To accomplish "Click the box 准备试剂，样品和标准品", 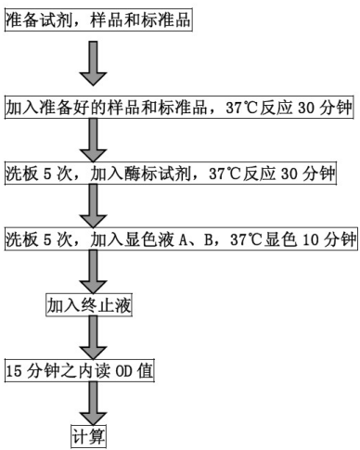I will [x=96, y=20].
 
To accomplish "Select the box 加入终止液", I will [x=84, y=303].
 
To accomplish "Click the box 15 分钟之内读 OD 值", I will [x=80, y=370].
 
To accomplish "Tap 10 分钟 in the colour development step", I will [x=328, y=238].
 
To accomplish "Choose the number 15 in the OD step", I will [x=14, y=370].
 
